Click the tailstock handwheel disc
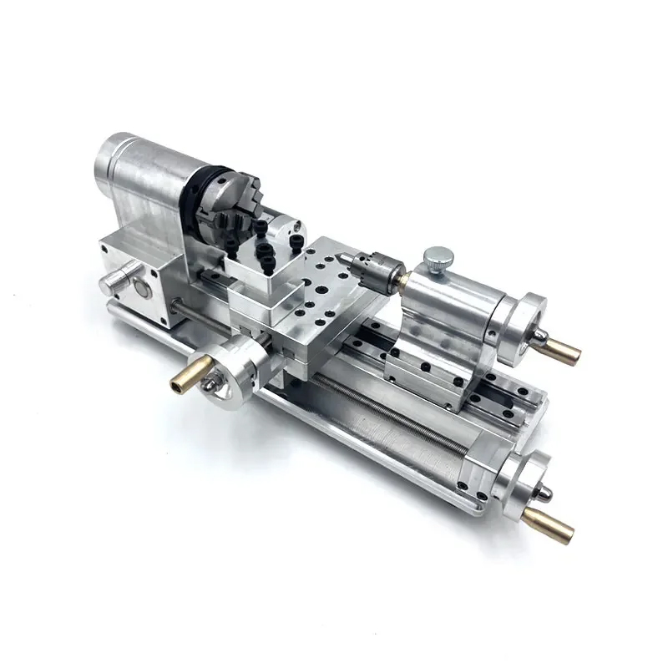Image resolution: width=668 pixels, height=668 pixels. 524,321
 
